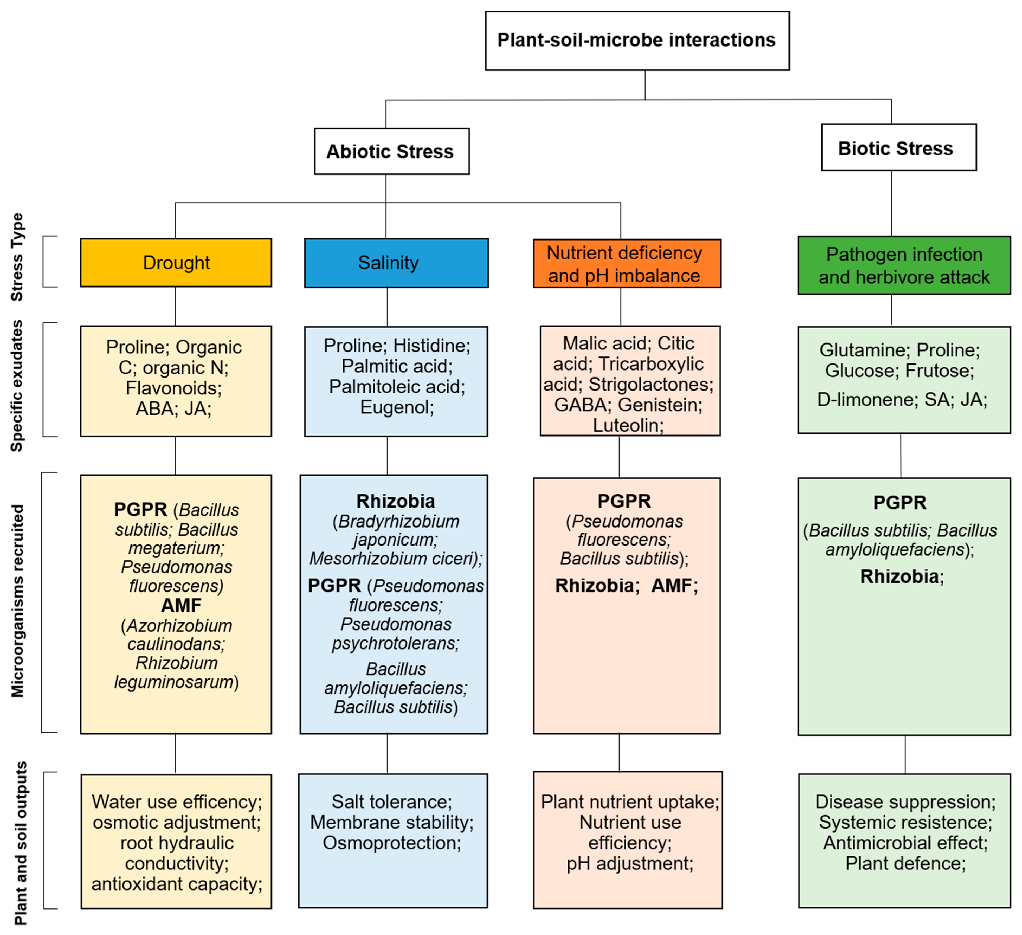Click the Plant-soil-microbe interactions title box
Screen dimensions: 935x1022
point(637,41)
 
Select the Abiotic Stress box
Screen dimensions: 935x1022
point(391,151)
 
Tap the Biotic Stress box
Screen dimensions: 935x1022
point(898,147)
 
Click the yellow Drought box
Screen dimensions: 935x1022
point(176,262)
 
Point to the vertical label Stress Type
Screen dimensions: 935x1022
point(17,257)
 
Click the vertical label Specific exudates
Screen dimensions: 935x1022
point(17,385)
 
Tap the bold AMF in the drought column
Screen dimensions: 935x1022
point(181,605)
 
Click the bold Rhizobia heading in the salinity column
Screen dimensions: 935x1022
point(395,501)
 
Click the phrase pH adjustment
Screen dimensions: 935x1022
point(630,863)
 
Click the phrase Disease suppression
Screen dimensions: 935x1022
point(905,802)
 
